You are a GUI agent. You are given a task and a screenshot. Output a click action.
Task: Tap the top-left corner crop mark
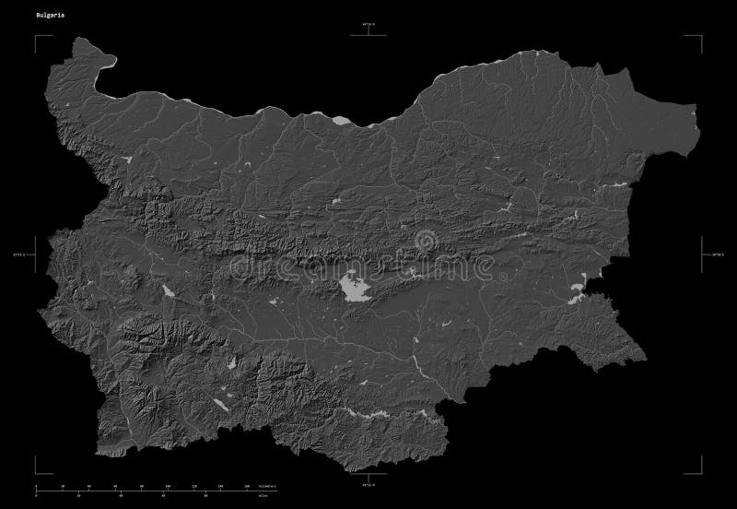tap(38, 37)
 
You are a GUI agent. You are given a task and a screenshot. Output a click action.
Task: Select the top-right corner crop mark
tap(699, 37)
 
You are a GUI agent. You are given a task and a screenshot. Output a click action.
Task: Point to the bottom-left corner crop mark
tap(38, 468)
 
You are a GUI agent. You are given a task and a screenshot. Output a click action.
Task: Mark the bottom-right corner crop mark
tap(699, 468)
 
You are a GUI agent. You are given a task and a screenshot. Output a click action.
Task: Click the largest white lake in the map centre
tap(355, 288)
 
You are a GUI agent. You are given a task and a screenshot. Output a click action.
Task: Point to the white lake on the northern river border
tap(343, 120)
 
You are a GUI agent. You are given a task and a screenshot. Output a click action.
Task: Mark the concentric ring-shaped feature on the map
tap(426, 241)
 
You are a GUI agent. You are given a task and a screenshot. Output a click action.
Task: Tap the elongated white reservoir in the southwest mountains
tap(221, 403)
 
